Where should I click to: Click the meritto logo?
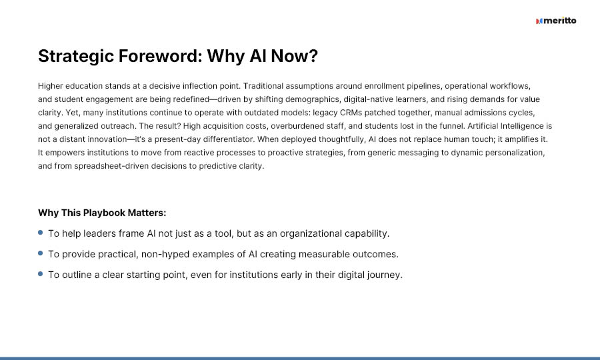click(x=556, y=21)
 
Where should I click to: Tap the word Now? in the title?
click(x=294, y=56)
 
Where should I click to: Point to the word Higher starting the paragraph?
click(x=50, y=86)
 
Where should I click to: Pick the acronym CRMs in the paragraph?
click(x=351, y=113)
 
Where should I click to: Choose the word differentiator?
click(x=229, y=139)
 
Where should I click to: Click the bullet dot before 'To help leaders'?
click(x=41, y=233)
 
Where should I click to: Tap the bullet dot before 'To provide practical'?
click(x=41, y=253)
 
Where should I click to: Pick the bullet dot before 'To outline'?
click(x=41, y=274)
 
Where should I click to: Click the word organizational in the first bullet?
click(x=311, y=234)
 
